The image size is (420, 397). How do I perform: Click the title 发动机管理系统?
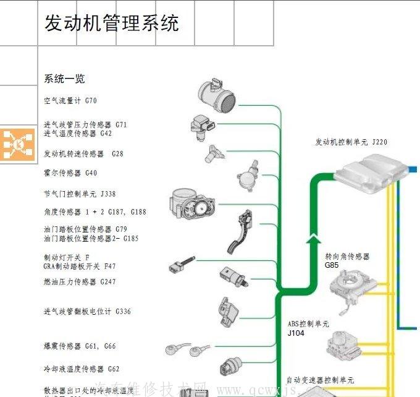click(111, 23)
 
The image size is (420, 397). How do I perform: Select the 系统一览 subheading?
click(64, 79)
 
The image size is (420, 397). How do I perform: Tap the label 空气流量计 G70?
click(70, 100)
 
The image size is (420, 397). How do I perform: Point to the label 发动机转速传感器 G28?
click(83, 153)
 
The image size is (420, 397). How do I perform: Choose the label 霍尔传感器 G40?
click(70, 173)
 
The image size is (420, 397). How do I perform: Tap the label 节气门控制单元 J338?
click(80, 194)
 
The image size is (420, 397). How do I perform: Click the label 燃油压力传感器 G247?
click(80, 282)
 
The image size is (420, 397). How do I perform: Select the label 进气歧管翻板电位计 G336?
click(87, 312)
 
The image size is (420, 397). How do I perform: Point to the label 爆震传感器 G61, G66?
click(80, 346)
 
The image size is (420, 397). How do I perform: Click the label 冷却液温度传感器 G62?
click(82, 369)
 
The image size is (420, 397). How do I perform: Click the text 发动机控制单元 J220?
click(351, 142)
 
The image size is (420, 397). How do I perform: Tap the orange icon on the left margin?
click(18, 143)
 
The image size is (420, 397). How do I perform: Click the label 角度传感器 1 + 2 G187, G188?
click(95, 212)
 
